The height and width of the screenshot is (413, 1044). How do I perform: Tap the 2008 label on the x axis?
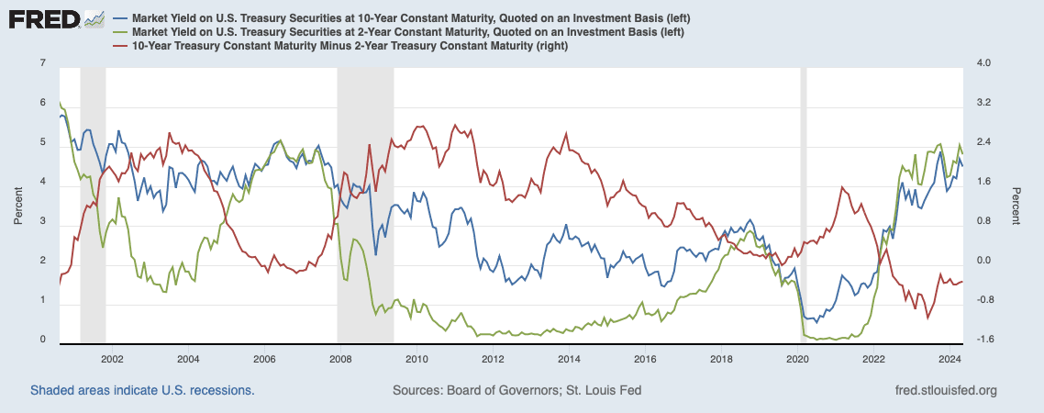pos(339,359)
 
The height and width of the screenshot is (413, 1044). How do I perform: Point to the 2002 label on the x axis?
pos(111,359)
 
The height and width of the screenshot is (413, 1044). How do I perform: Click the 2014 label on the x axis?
pos(568,359)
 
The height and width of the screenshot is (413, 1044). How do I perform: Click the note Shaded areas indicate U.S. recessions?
pos(142,390)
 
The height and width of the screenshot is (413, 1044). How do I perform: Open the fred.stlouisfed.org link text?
pos(945,390)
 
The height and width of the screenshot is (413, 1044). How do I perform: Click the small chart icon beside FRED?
pos(94,18)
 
